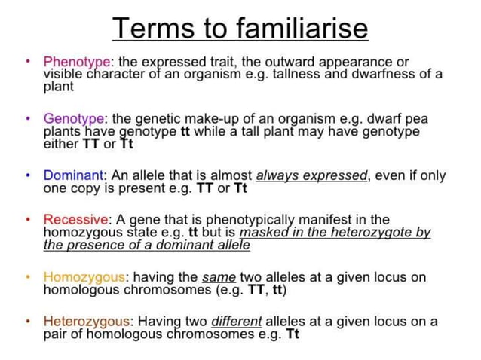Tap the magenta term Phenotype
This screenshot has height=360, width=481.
point(77,61)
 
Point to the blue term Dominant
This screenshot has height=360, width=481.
point(73,175)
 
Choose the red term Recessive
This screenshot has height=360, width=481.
point(75,219)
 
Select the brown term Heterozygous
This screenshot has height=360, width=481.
point(85,321)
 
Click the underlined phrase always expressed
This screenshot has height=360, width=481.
point(311,175)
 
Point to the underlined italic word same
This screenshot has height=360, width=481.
point(219,276)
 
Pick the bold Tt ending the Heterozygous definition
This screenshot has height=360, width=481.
point(293,334)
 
